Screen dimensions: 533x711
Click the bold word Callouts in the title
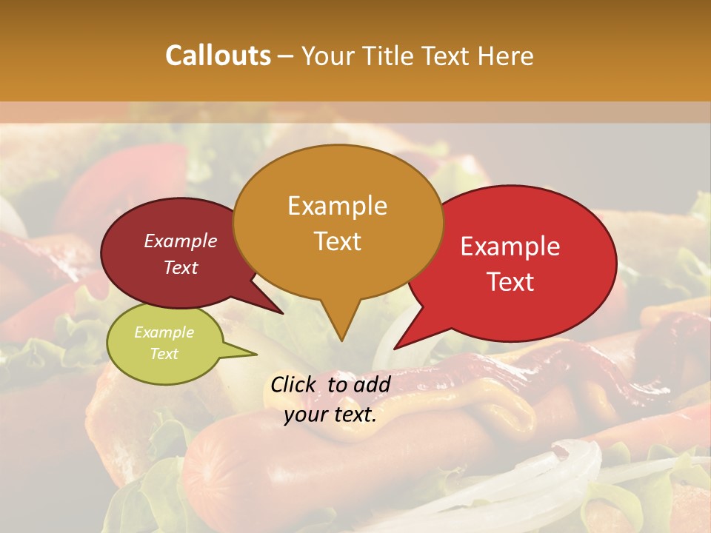pyautogui.click(x=218, y=56)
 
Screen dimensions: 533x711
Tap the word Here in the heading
pyautogui.click(x=507, y=56)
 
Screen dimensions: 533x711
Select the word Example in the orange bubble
pyautogui.click(x=337, y=206)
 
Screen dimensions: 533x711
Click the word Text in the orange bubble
pyautogui.click(x=337, y=241)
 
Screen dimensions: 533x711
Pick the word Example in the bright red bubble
pyautogui.click(x=510, y=247)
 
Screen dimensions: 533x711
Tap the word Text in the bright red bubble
pyautogui.click(x=510, y=281)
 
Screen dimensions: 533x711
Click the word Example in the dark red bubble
pyautogui.click(x=181, y=241)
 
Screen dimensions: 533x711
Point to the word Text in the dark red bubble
pyautogui.click(x=181, y=267)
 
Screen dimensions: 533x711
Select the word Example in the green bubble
pyautogui.click(x=164, y=332)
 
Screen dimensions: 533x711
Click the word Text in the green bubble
pyautogui.click(x=164, y=353)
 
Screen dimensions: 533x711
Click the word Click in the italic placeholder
pyautogui.click(x=294, y=384)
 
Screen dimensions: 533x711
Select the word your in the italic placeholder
pyautogui.click(x=304, y=414)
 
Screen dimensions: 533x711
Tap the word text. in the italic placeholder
pyautogui.click(x=353, y=414)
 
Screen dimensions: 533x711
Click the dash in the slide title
pyautogui.click(x=286, y=56)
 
